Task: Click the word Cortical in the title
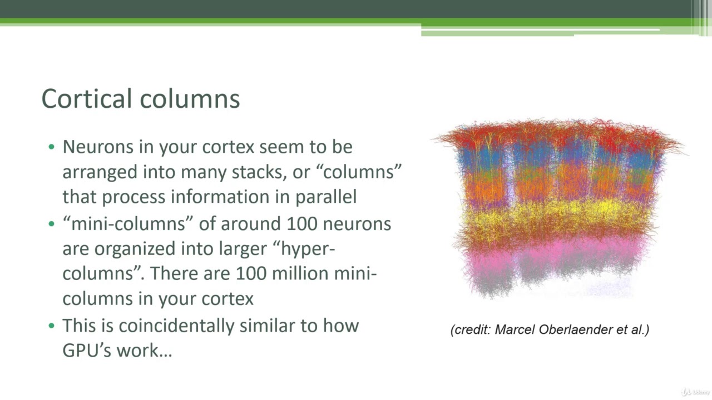point(87,99)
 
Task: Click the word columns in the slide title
point(190,99)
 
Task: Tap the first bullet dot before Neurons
point(52,147)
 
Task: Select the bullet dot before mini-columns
point(52,224)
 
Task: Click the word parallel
point(326,197)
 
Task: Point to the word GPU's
point(87,351)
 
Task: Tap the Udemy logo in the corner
point(695,392)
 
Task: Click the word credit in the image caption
point(471,329)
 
